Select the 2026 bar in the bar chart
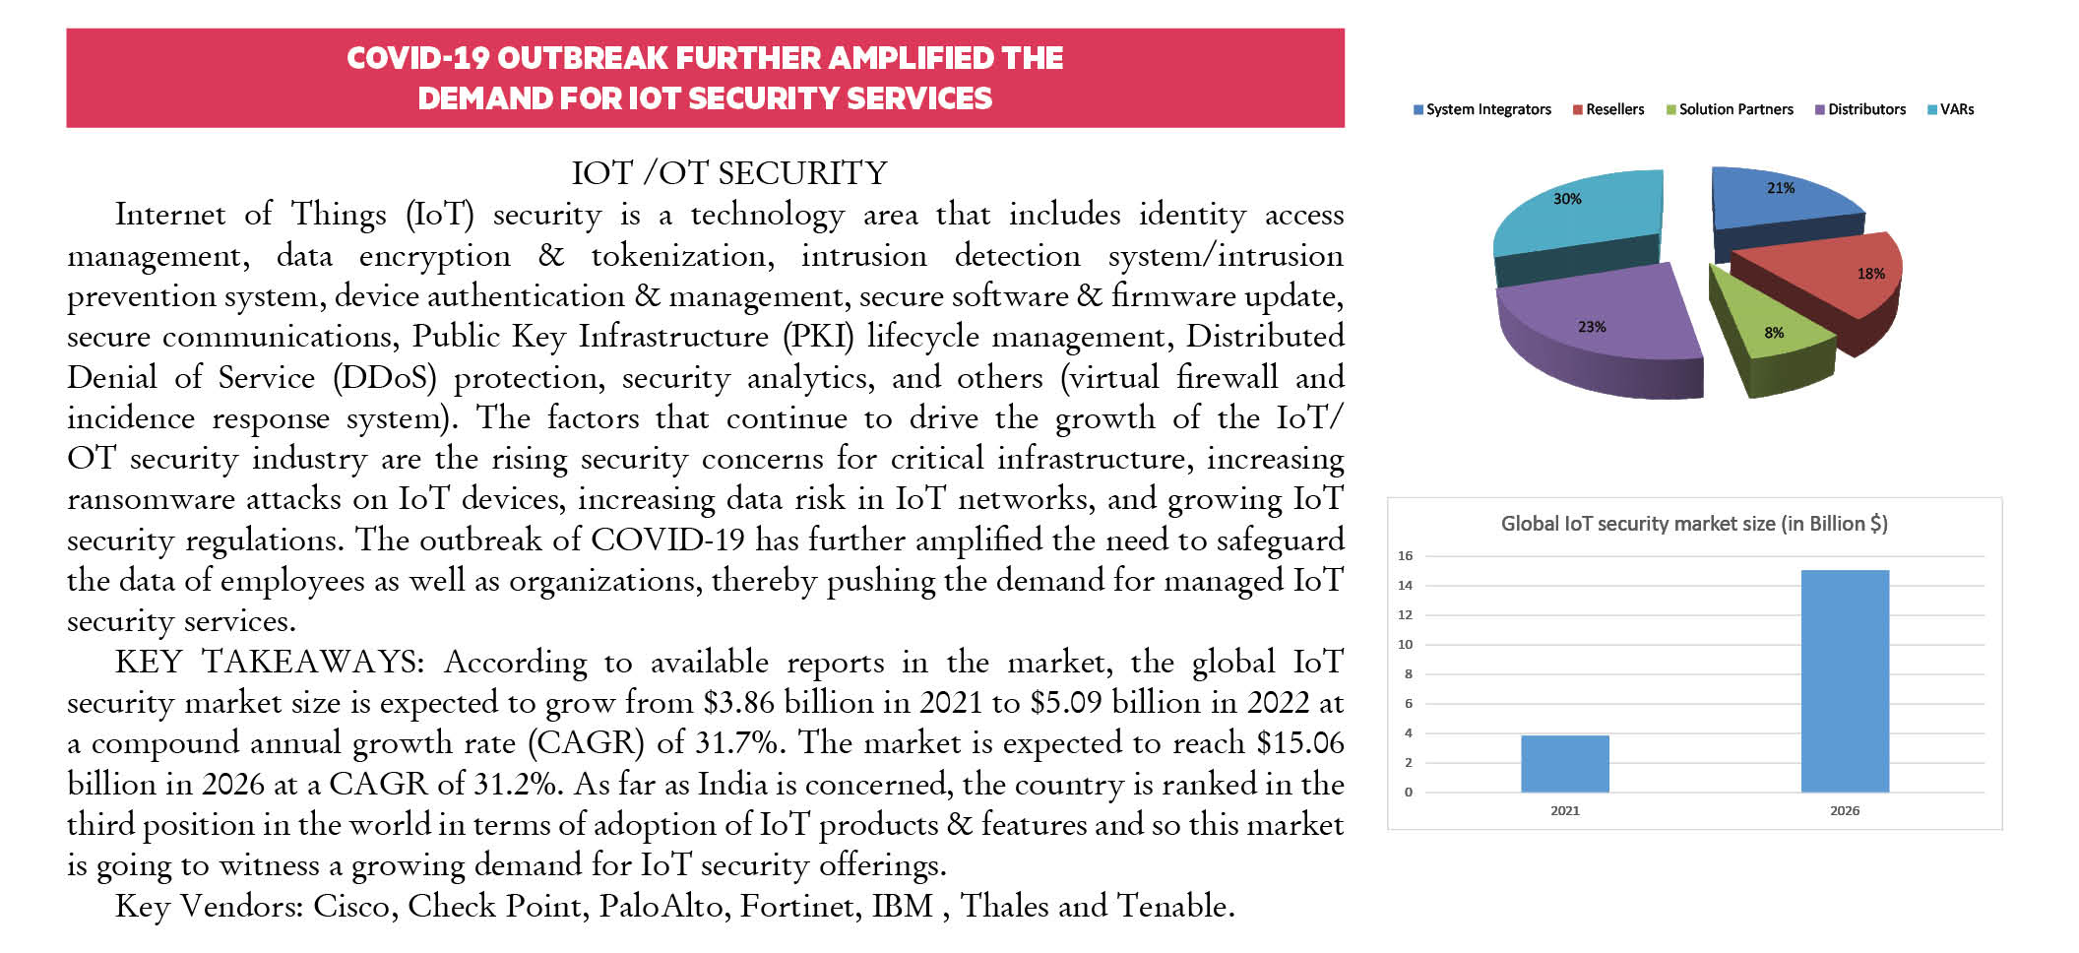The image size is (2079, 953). coord(1845,680)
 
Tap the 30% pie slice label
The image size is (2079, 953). coord(1567,199)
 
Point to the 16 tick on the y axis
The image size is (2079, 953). coord(1405,556)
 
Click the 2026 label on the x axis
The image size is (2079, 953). coord(1845,811)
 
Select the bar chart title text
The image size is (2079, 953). coord(1694,524)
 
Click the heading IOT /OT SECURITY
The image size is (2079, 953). coord(729,173)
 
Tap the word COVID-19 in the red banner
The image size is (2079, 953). coord(417,58)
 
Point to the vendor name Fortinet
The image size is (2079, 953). coord(795,906)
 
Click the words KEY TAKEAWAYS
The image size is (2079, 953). coord(269,662)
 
